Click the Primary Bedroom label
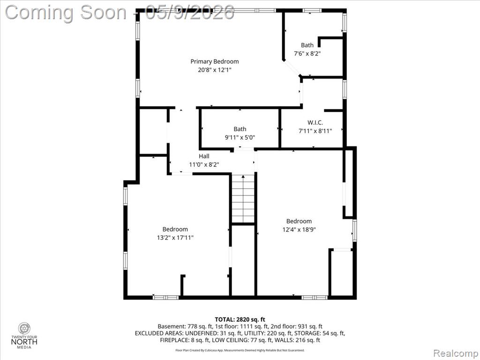pyautogui.click(x=215, y=61)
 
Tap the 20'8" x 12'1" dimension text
pyautogui.click(x=215, y=70)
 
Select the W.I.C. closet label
pyautogui.click(x=315, y=123)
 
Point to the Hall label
pyautogui.click(x=204, y=156)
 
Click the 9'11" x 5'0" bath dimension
pyautogui.click(x=240, y=137)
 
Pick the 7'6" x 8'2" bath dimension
pyautogui.click(x=307, y=53)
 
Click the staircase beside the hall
pyautogui.click(x=243, y=198)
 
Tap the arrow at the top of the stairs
pyautogui.click(x=243, y=177)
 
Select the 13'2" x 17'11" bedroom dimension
pyautogui.click(x=175, y=238)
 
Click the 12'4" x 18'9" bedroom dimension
pyautogui.click(x=299, y=229)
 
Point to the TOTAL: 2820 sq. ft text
pyautogui.click(x=240, y=320)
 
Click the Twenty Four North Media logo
pyautogui.click(x=24, y=336)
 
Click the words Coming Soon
pyautogui.click(x=66, y=13)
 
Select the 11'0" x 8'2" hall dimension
pyautogui.click(x=204, y=165)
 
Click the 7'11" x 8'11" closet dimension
pyautogui.click(x=315, y=131)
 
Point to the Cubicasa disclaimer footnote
pyautogui.click(x=240, y=350)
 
